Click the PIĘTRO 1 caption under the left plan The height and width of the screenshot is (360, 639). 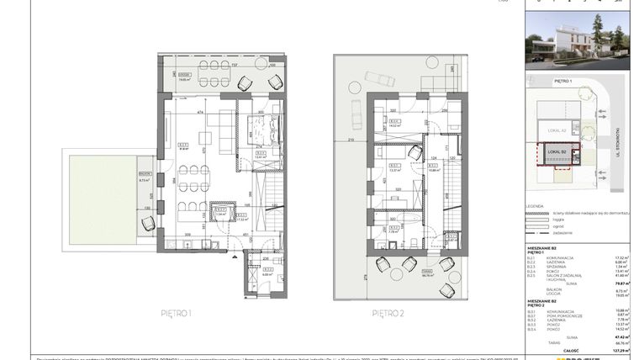[177, 313]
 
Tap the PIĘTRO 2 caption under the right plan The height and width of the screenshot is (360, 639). [388, 313]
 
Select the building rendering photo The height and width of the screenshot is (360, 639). [578, 40]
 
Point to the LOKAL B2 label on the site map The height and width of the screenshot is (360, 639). [557, 151]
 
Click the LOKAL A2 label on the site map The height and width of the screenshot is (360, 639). [556, 130]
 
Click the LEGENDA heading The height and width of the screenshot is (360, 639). [535, 205]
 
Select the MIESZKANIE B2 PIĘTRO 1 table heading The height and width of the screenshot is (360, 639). [542, 250]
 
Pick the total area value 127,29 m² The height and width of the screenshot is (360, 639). [620, 350]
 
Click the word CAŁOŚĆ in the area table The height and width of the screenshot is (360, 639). [571, 350]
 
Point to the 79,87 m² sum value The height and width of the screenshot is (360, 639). [621, 283]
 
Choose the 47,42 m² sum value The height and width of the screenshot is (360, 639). [621, 335]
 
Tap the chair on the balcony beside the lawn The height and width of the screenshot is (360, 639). [149, 223]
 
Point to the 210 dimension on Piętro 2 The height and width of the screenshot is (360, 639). [349, 140]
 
